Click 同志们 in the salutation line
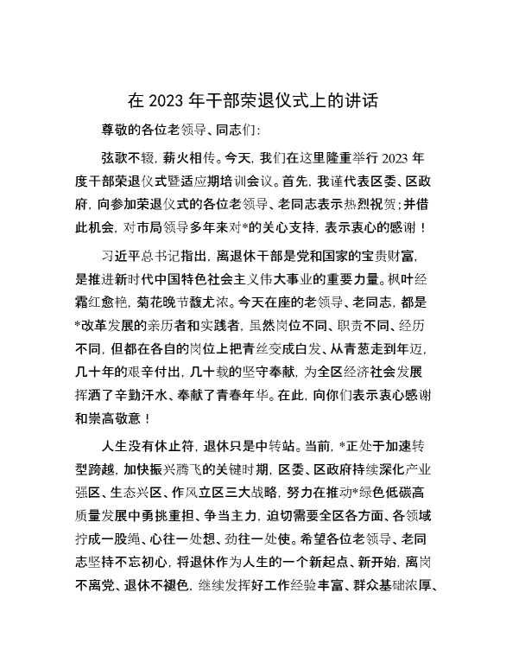pos(248,131)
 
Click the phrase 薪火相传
pos(188,159)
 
